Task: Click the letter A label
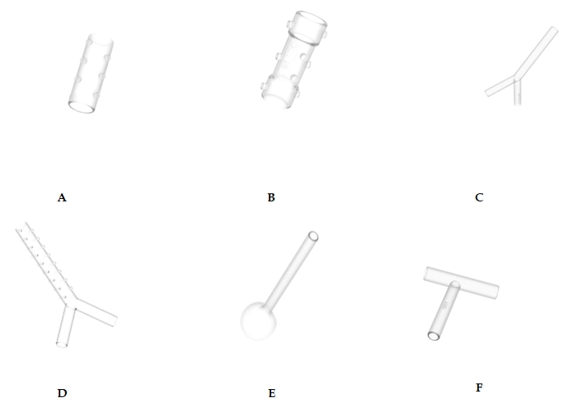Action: coord(62,198)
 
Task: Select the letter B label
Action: coord(271,197)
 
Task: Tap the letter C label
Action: coord(479,197)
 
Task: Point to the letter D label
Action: coord(62,393)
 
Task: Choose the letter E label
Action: coord(271,393)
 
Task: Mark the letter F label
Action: coord(479,387)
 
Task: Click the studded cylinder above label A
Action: coord(91,73)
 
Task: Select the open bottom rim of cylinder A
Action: coord(81,106)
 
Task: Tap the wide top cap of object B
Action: coord(309,27)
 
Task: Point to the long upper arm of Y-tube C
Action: coord(536,52)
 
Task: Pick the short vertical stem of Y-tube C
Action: coord(518,93)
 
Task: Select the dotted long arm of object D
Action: coord(45,263)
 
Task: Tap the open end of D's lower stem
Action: coord(62,345)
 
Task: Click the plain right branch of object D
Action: coord(97,312)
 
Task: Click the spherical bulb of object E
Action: coord(258,321)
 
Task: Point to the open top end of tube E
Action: coord(313,236)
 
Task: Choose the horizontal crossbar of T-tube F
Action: coord(461,283)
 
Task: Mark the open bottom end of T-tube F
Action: coord(433,336)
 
